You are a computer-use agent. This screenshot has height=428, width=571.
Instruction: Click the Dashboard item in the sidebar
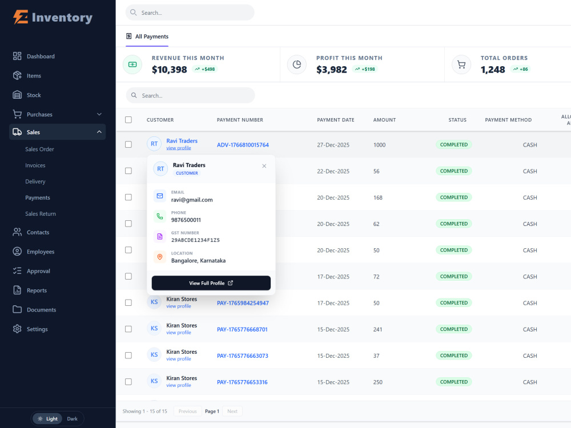[41, 56]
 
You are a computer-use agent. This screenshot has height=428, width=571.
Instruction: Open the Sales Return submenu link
[41, 213]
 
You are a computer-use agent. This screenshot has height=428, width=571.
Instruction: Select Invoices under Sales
[35, 165]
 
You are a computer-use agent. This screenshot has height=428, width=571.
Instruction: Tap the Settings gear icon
[17, 329]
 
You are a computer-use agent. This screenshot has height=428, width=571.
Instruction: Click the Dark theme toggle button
[72, 418]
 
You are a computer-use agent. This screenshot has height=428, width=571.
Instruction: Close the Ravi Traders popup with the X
[264, 166]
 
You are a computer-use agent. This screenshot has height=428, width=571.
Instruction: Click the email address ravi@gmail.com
[192, 200]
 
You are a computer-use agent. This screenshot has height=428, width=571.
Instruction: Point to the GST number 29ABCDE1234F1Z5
[195, 240]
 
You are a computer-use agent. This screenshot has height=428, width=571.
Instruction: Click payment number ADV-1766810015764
[243, 145]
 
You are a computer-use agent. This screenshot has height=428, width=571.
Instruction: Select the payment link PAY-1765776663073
[243, 356]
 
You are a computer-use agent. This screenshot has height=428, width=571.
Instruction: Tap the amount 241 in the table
[377, 329]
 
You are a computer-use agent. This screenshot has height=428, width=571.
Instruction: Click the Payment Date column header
[335, 120]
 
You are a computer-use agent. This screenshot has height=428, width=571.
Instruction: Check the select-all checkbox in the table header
[128, 120]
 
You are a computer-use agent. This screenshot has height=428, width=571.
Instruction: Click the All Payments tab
[147, 37]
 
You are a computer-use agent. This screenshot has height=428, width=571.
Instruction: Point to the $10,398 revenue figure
[170, 70]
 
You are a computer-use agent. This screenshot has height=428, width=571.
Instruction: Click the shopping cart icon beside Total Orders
[461, 65]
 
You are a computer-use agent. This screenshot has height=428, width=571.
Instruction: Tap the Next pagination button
[232, 411]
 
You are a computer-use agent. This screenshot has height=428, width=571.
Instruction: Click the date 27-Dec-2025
[333, 145]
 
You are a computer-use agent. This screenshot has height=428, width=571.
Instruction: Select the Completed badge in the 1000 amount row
[454, 144]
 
